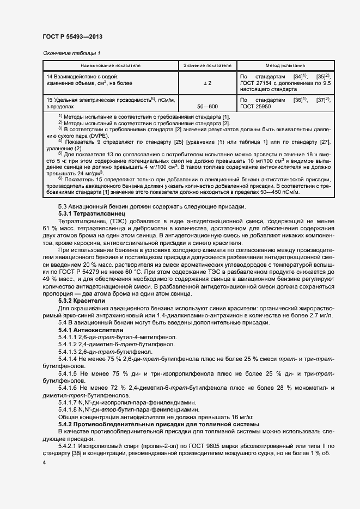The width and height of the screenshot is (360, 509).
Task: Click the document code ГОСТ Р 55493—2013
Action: [72, 36]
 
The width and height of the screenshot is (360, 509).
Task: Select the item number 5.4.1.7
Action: [69, 401]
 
